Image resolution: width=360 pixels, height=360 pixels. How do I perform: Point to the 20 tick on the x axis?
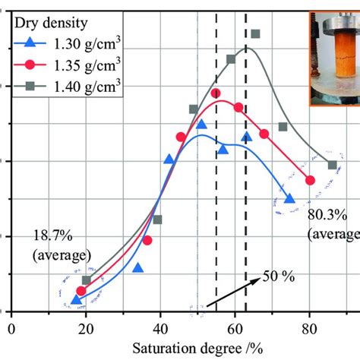tap(86, 330)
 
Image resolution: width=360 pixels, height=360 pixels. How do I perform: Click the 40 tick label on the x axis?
tap(160, 330)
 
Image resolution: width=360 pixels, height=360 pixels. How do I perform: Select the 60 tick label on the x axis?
tap(235, 330)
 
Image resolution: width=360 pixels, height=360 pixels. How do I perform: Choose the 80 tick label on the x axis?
tap(309, 330)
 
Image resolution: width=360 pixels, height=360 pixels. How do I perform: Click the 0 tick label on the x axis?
tap(11, 330)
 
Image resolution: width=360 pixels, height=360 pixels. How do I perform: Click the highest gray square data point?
tap(255, 34)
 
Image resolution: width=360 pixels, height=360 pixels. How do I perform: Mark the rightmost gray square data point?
tap(332, 165)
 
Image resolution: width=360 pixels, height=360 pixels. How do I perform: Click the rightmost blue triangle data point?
tap(289, 198)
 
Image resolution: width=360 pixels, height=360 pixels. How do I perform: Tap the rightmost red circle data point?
tap(310, 180)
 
